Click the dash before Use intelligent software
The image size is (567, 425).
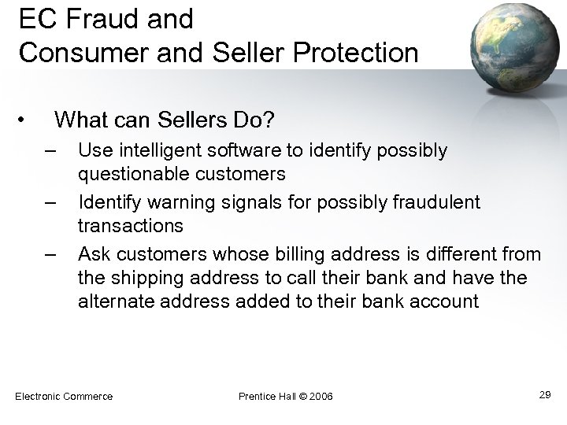(x=51, y=150)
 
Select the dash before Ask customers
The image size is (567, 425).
(x=51, y=255)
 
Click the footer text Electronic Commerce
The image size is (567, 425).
(x=64, y=395)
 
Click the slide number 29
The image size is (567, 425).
(x=544, y=394)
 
